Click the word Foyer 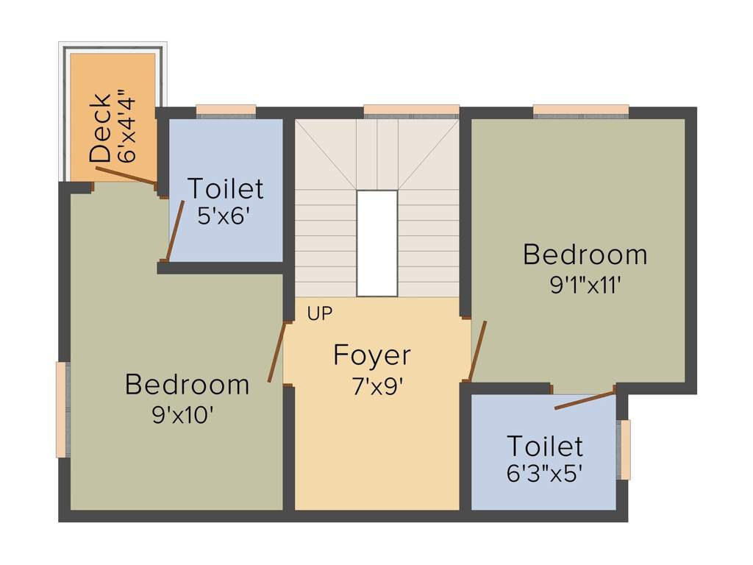point(372,355)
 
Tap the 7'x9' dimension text point(377,386)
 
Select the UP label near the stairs point(320,313)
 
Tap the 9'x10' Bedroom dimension point(182,415)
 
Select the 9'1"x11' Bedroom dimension point(586,285)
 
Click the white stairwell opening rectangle point(377,244)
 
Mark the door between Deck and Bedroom point(125,174)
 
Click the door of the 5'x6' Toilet point(175,230)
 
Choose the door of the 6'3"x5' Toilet point(585,400)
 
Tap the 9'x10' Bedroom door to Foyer point(276,352)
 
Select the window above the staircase point(411,112)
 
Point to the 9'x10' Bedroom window point(63,409)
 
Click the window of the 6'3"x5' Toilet point(624,449)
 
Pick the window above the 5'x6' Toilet point(226,111)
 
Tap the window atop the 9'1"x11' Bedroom point(581,111)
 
